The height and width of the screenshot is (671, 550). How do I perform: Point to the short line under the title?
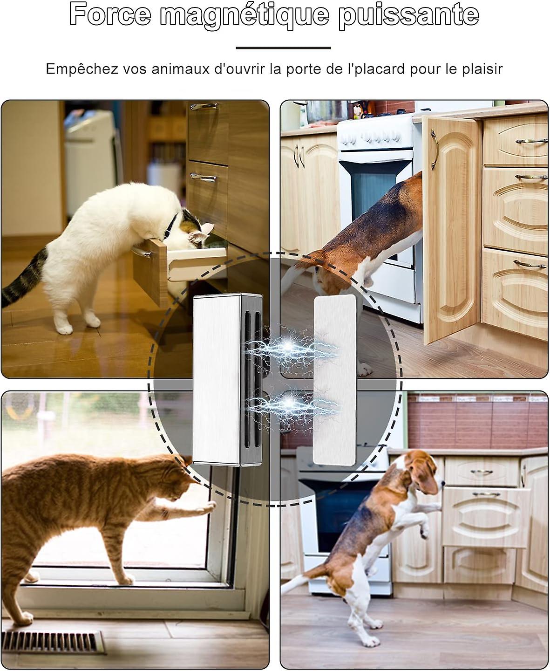pos(283,48)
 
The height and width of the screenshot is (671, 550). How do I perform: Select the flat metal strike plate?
pos(334,380)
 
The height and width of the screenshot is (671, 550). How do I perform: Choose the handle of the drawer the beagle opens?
pos(487,494)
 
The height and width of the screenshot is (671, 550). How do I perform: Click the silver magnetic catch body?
pos(217,380)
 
